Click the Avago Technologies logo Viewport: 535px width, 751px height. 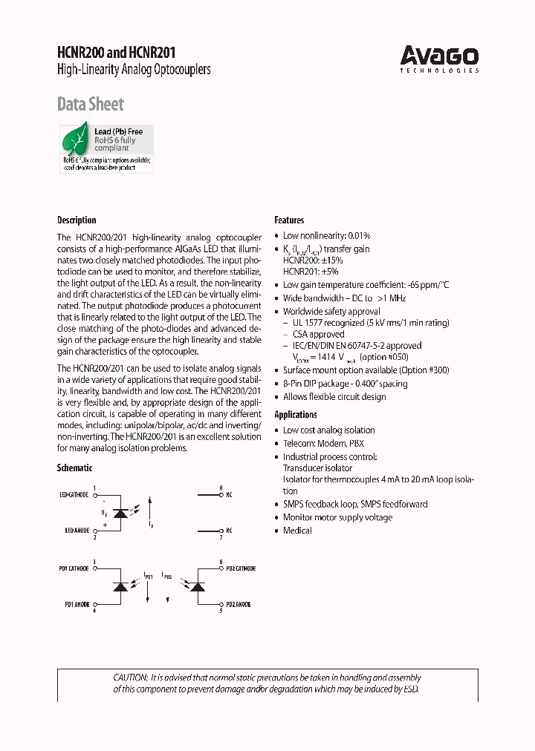click(439, 58)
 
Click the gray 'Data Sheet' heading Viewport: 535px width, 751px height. click(91, 104)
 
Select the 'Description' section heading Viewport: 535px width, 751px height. click(77, 220)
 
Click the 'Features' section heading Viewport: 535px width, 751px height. click(289, 220)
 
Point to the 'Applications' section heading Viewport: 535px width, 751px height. click(296, 415)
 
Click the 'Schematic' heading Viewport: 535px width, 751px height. click(75, 468)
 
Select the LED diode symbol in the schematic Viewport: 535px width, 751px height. click(119, 513)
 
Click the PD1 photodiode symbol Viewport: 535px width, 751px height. click(119, 587)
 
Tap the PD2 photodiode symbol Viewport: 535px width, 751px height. click(197, 587)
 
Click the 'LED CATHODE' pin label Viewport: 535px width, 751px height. click(74, 494)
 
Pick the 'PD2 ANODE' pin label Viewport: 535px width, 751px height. click(239, 605)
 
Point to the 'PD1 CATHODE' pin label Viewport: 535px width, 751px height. click(74, 568)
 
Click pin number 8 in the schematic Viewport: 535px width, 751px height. click(221, 488)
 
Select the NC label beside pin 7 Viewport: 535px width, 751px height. click(229, 531)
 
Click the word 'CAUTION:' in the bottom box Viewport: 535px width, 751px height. click(131, 678)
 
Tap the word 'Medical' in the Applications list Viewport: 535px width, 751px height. click(297, 531)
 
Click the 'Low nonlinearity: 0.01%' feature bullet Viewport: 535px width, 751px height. click(326, 235)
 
